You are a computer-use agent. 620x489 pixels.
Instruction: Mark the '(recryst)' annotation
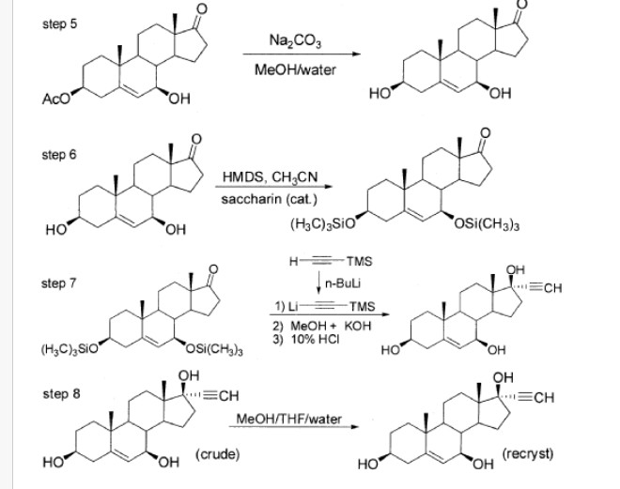click(x=528, y=453)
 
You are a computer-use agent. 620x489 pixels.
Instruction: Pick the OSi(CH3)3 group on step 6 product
click(x=487, y=225)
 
